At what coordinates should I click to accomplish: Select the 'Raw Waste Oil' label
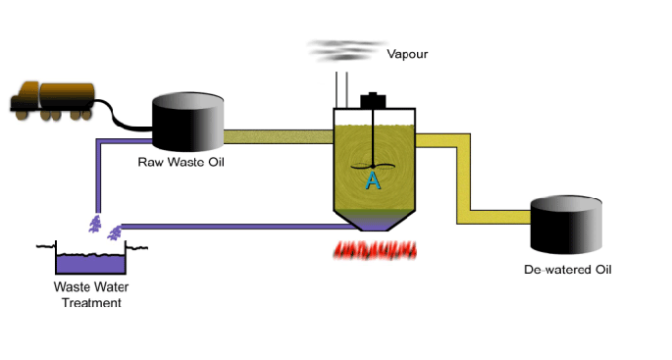(181, 161)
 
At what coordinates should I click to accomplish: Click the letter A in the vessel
(373, 180)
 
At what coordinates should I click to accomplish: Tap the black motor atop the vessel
(374, 100)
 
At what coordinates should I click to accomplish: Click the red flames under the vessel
(375, 249)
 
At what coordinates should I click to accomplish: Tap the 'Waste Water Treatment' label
(91, 294)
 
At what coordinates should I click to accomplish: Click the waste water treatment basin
(90, 261)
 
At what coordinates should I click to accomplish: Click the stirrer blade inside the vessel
(373, 165)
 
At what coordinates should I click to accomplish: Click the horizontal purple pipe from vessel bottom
(235, 226)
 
